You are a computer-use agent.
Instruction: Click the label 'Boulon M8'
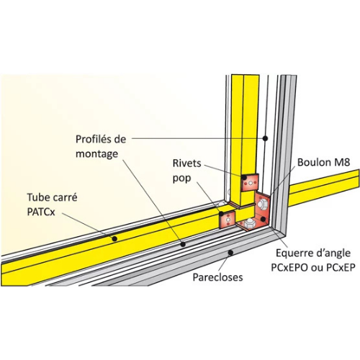pos(322,163)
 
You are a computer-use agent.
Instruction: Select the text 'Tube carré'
pos(52,197)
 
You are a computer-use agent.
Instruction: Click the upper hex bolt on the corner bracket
pos(263,204)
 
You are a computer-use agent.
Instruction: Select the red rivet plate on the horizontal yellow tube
pos(228,220)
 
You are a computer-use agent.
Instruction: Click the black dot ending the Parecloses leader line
pos(230,253)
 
